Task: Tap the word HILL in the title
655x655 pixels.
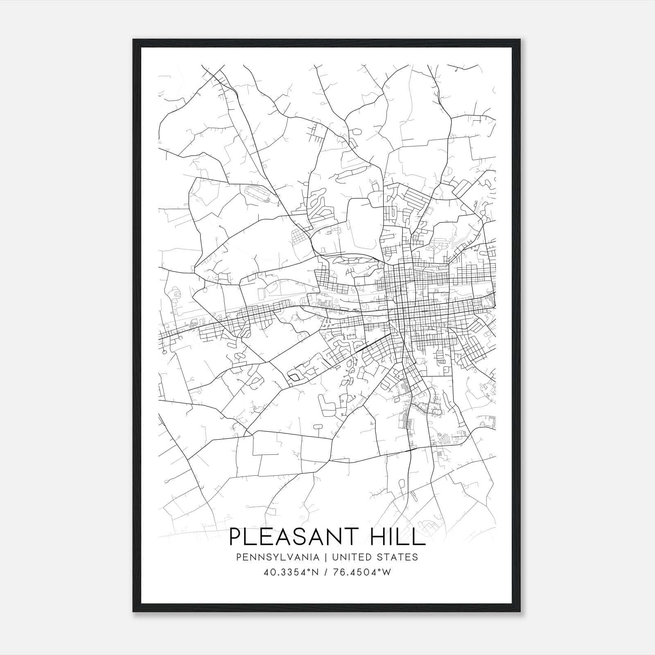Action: [397, 537]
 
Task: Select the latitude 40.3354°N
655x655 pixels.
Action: [291, 572]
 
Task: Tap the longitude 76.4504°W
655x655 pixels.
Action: [363, 572]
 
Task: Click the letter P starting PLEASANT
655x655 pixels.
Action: [235, 537]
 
